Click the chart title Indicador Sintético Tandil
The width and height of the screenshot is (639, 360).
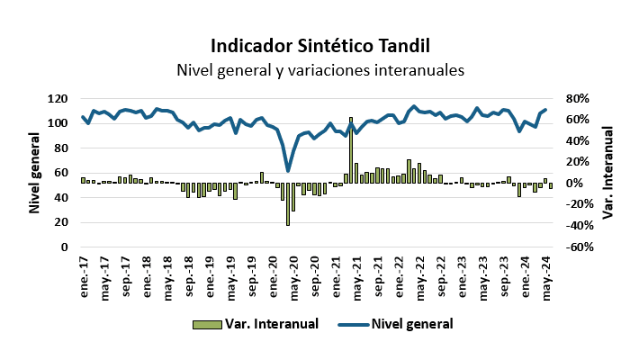point(319,45)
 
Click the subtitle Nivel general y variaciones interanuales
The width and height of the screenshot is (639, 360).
point(319,69)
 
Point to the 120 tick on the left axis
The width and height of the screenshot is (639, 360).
point(58,98)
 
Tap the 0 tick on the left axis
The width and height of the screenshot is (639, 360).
point(66,247)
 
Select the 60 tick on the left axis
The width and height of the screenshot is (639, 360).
point(61,173)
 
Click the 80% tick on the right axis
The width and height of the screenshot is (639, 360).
point(576,98)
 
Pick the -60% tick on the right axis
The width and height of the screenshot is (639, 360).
point(577,247)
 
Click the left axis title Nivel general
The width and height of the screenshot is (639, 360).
point(35,173)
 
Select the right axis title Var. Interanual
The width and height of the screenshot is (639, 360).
point(608,173)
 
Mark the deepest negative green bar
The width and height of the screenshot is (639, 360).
point(288,204)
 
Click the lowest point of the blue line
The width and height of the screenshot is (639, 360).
point(288,171)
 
